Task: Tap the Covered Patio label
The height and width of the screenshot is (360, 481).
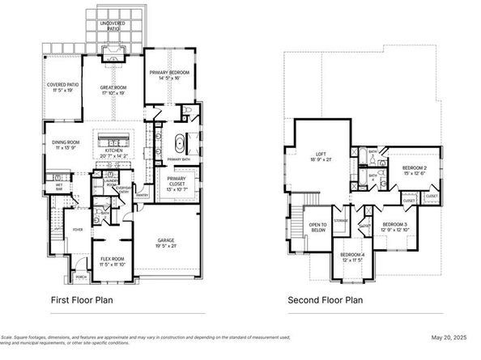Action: pos(62,87)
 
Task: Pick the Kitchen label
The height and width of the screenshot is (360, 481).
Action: pos(113,151)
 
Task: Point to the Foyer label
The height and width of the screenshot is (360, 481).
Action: pos(78,230)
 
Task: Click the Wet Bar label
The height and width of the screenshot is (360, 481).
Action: pos(59,185)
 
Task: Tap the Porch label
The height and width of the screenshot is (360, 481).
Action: pos(79,277)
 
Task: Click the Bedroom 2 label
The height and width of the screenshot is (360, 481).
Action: pos(415,170)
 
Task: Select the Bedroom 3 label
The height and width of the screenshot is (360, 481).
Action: pos(395,226)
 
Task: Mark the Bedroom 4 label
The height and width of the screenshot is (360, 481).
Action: pos(352,256)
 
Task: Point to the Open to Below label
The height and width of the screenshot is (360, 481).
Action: pos(318,227)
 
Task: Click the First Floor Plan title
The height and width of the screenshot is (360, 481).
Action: pos(82,300)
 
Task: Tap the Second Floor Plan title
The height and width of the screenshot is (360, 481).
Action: pos(325,300)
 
